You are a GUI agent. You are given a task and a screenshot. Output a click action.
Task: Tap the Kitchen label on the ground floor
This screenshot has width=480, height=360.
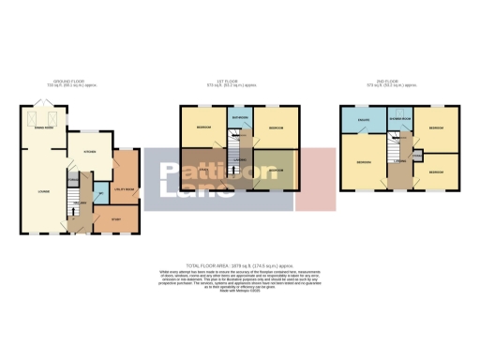click(91, 150)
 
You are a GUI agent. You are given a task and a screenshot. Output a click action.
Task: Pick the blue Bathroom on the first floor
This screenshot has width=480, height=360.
click(239, 118)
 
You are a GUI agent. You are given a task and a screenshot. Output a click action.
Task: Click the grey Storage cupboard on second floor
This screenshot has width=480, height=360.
click(415, 154)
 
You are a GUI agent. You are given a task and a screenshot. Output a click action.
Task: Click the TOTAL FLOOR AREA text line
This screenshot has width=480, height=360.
click(239, 264)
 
